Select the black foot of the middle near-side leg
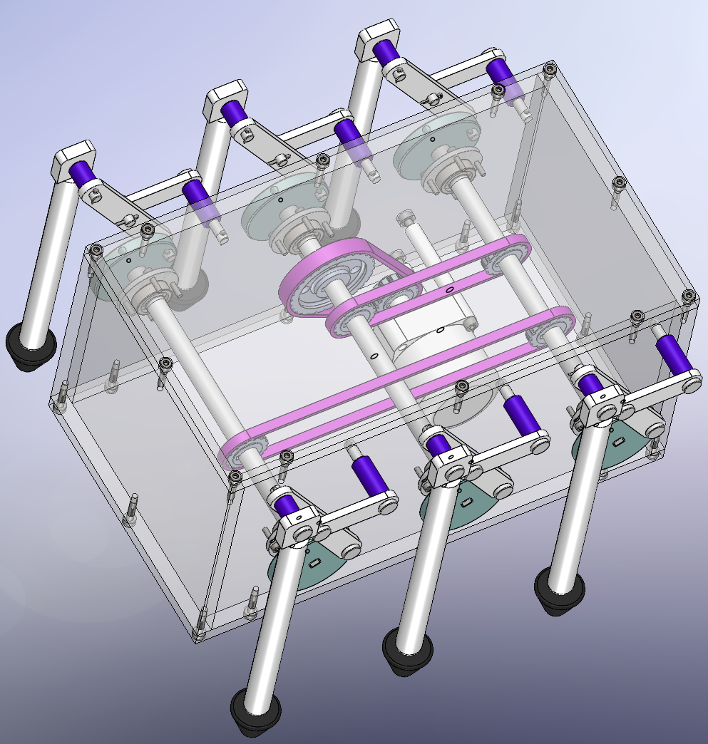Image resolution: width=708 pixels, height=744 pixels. (x=407, y=651)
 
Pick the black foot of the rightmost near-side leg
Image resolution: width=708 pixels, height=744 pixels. (x=560, y=590)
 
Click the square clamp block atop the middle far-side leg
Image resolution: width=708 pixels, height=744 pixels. (x=225, y=100)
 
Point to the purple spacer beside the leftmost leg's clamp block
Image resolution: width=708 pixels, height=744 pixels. (x=82, y=173)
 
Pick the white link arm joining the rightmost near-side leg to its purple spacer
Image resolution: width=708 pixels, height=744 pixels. (x=656, y=389)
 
